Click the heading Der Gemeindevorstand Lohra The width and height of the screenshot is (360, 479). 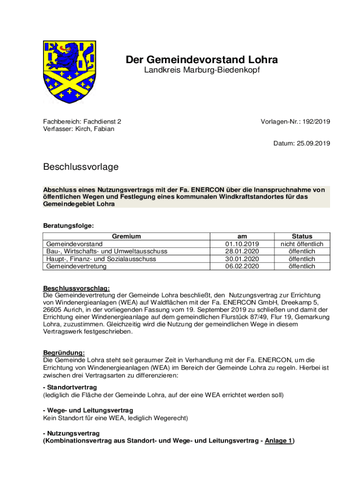tap(202, 60)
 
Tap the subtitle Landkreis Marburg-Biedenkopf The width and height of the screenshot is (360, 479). tap(202, 71)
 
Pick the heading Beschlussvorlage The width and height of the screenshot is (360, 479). tap(81, 167)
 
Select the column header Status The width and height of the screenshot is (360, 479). tap(302, 236)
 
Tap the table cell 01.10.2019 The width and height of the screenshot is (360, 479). tap(242, 244)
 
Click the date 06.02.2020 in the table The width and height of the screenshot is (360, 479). tap(242, 266)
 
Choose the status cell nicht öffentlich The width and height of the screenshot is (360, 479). tap(302, 244)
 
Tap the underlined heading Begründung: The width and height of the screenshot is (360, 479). tap(64, 353)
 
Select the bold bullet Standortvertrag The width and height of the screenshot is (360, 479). tap(72, 388)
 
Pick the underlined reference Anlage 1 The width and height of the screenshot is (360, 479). tap(278, 440)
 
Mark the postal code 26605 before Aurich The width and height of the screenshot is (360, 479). tap(54, 310)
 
